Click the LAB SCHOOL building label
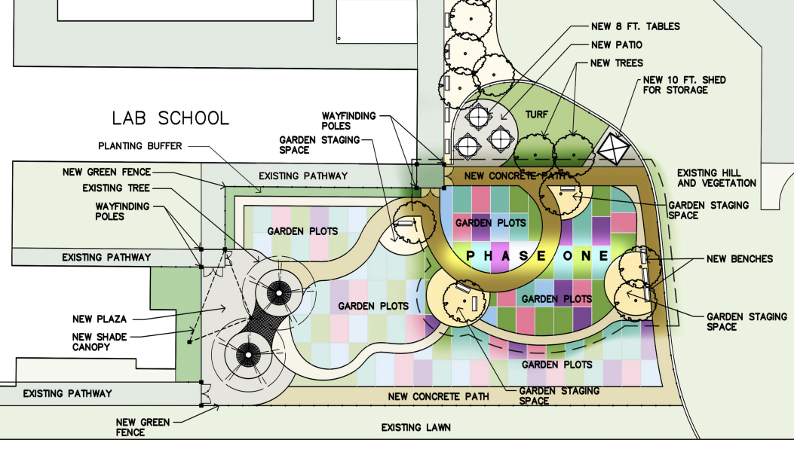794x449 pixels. point(170,118)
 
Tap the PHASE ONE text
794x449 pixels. point(537,256)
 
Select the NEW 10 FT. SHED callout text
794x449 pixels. point(676,85)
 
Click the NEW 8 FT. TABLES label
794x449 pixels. point(636,26)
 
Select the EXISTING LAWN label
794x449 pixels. point(415,428)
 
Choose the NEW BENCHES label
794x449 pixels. point(740,259)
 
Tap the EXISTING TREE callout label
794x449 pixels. point(117,188)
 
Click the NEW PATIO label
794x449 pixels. point(618,45)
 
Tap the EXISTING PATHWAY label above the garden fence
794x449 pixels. point(302,176)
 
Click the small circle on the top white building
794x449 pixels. point(341,38)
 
